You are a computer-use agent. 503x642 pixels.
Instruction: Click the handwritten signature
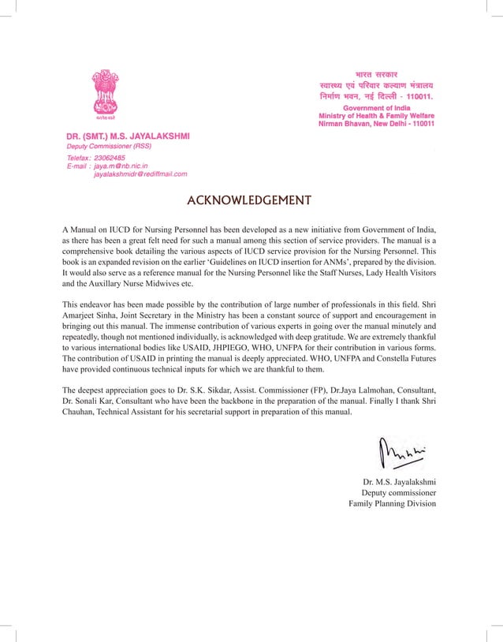tap(401, 454)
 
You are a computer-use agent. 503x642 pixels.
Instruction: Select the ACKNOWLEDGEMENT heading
tap(248, 200)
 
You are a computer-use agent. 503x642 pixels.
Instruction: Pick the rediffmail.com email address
tap(140, 174)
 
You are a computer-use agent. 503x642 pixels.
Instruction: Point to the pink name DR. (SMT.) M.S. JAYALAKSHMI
tap(128, 136)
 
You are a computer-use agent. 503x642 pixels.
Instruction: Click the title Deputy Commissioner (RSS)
tap(109, 146)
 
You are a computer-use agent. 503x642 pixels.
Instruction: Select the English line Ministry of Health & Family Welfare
tap(376, 116)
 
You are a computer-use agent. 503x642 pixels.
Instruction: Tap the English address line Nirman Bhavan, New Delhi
tap(376, 124)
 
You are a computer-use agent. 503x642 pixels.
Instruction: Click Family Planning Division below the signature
tap(392, 503)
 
